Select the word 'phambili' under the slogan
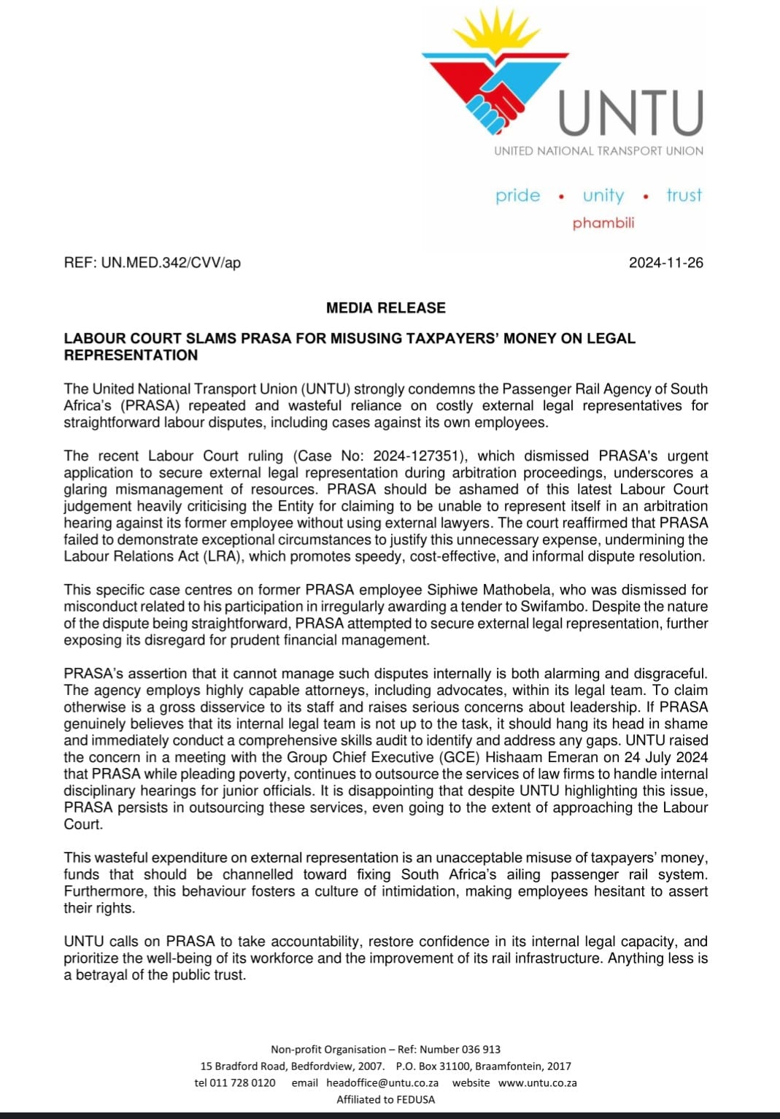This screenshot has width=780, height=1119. pos(603,223)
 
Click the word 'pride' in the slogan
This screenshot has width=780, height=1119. pos(518,196)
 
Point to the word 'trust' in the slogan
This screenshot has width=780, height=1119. pos(684,195)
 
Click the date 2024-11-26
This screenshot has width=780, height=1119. pos(666,263)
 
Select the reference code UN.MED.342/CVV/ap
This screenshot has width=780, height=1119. pos(171,263)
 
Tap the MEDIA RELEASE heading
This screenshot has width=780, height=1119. pos(386,308)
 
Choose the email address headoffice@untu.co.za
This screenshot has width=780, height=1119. pos(382,1083)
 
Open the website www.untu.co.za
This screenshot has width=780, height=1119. pos(538,1083)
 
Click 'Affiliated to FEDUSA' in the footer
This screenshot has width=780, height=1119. pos(386,1100)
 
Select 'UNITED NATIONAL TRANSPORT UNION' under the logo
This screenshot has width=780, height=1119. pos(599,151)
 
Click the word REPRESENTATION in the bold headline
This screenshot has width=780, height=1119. pos(131,355)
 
